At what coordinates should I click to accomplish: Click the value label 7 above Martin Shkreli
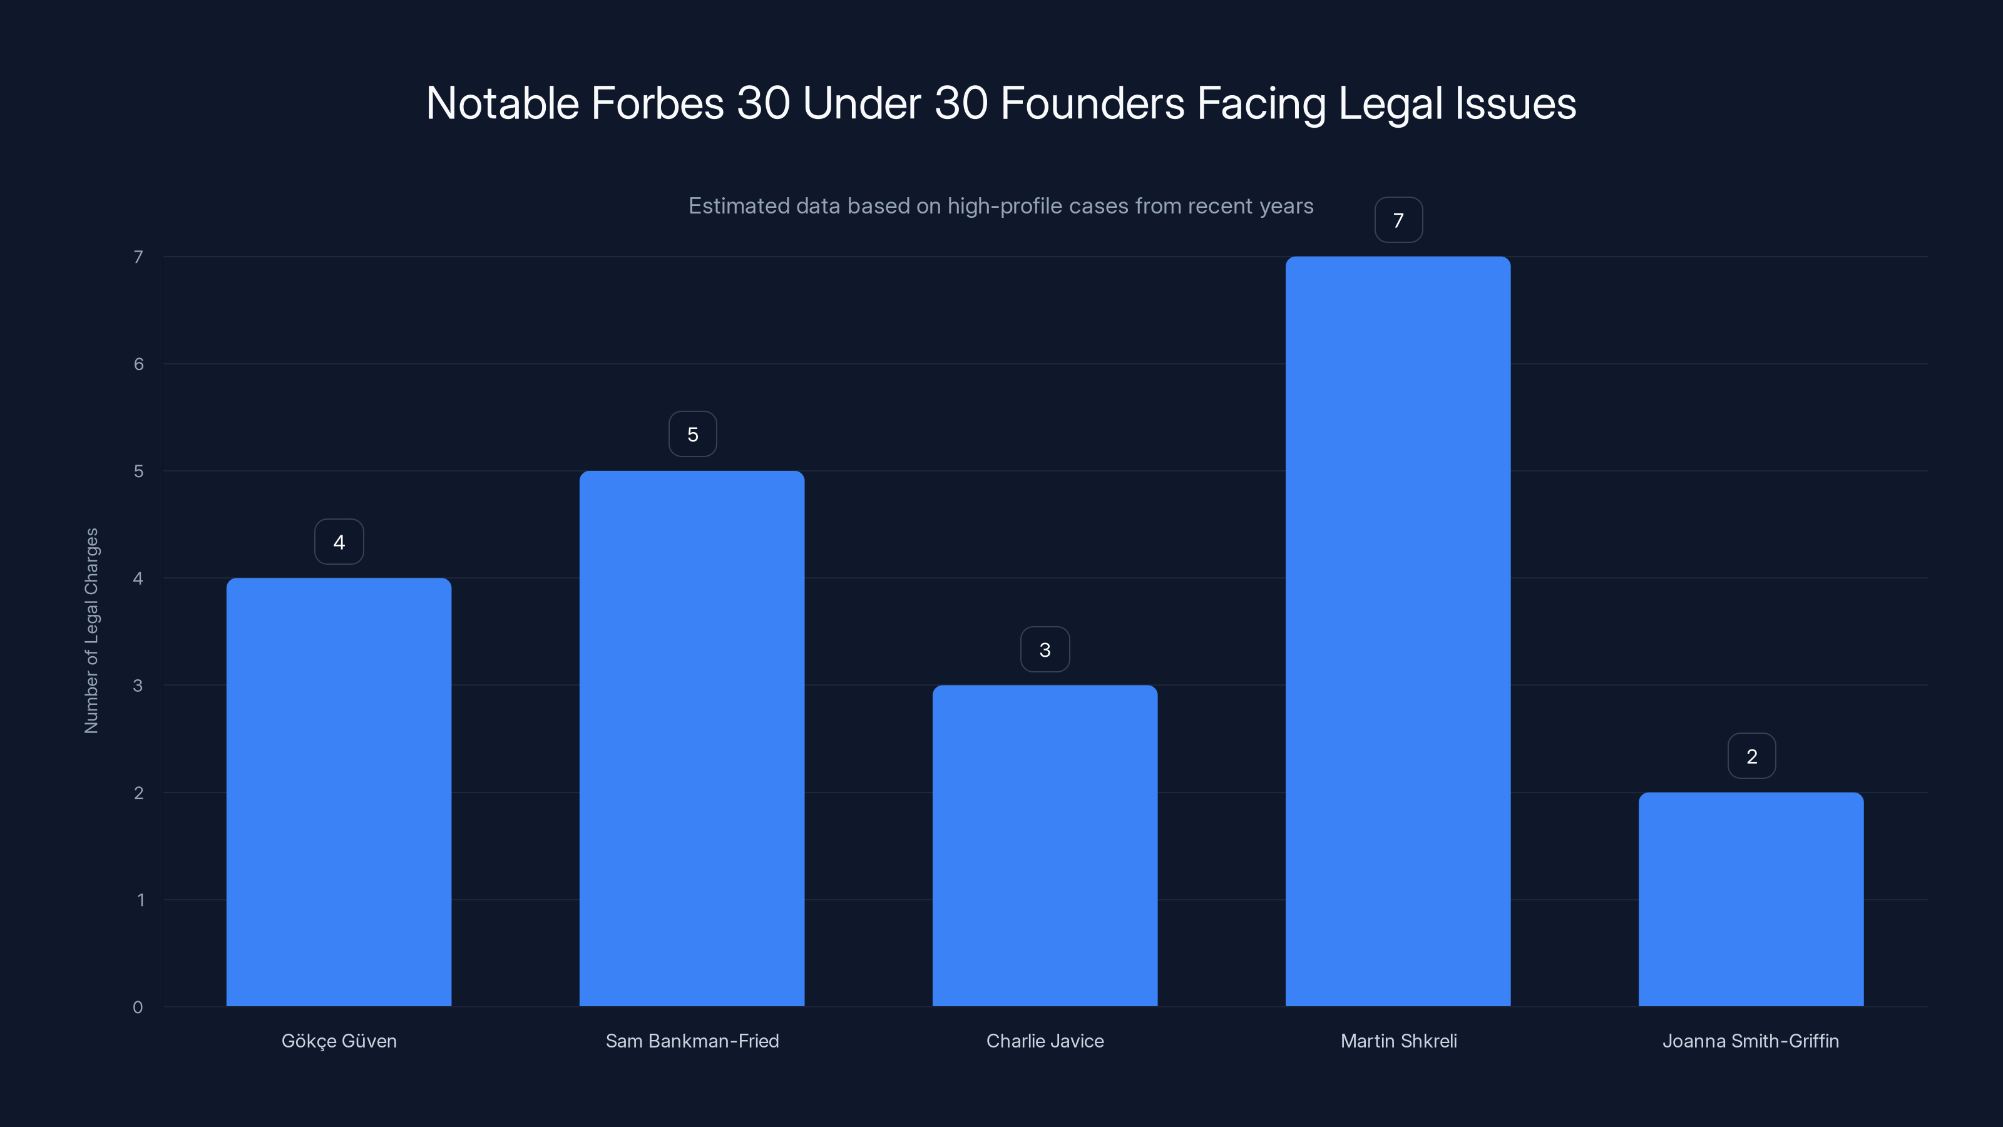[1398, 220]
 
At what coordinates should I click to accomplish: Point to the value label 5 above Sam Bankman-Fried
[692, 434]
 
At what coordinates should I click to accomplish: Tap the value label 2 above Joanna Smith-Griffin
[1751, 756]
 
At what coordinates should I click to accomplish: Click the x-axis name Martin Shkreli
[1398, 1041]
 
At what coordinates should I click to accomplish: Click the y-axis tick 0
[138, 1007]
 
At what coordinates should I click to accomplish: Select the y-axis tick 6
[138, 364]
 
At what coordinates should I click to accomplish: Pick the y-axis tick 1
[140, 900]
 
